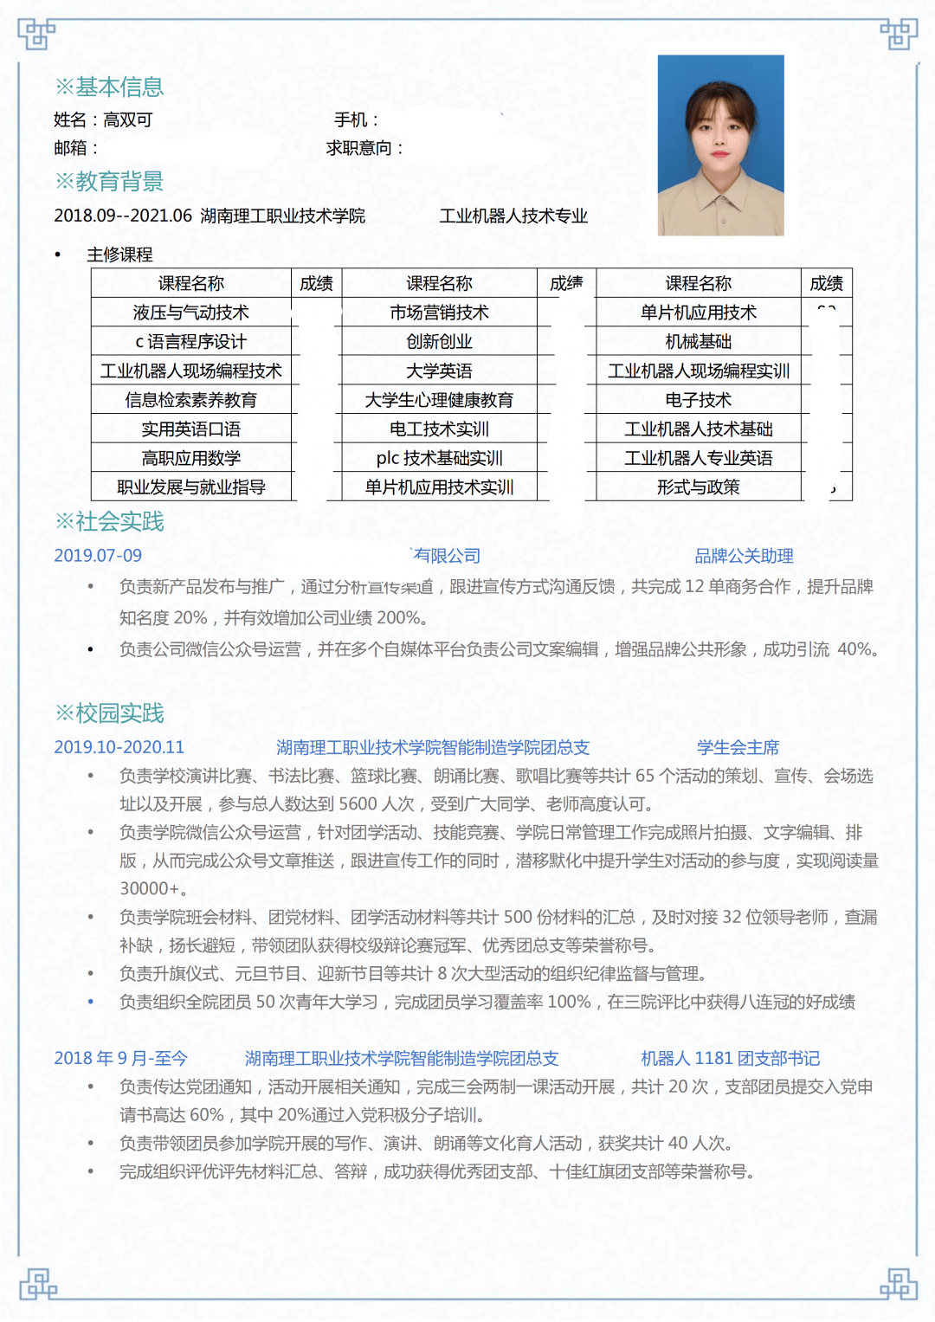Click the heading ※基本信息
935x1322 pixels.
pos(109,87)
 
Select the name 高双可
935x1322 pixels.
pos(127,120)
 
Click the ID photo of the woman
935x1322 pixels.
pos(720,145)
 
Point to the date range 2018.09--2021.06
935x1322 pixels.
pos(122,216)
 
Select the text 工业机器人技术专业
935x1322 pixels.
pos(513,216)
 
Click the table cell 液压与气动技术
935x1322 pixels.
pos(190,313)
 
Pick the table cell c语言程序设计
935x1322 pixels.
pos(190,342)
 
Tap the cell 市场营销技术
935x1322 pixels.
pos(439,313)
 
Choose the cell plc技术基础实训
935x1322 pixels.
pos(439,458)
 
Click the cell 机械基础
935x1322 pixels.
pos(698,342)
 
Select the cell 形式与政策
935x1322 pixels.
pos(698,487)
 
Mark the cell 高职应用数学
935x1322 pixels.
pos(190,458)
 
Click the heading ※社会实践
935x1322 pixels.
pos(109,521)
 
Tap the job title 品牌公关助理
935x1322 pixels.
pos(744,556)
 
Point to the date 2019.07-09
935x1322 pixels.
pos(98,556)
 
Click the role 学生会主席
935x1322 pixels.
pos(738,747)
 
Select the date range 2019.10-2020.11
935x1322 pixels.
pos(119,747)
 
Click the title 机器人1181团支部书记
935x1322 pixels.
pos(730,1058)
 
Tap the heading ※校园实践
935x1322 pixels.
pos(109,713)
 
